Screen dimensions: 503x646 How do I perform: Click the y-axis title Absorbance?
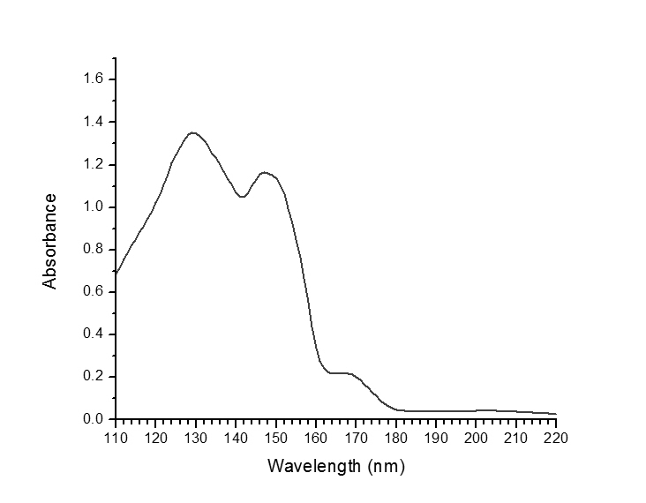(50, 241)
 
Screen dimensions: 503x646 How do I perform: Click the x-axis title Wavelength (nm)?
(335, 465)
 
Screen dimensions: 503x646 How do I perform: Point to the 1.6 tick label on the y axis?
(94, 80)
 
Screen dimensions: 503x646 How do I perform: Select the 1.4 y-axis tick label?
(94, 123)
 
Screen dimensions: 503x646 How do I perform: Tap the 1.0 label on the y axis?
(94, 207)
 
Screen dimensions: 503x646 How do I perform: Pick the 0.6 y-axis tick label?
(94, 292)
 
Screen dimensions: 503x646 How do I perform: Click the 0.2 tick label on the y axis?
(94, 377)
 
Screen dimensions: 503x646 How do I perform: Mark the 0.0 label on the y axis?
(94, 419)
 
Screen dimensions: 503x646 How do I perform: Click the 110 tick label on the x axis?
(116, 436)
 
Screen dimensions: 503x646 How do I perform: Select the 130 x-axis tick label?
(196, 436)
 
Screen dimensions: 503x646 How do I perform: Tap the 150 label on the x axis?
(276, 436)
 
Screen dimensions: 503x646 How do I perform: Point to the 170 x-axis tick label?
(356, 436)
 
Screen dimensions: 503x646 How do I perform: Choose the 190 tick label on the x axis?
(436, 436)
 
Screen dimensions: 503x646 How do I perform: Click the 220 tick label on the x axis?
(556, 436)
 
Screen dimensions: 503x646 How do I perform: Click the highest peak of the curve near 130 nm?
(193, 133)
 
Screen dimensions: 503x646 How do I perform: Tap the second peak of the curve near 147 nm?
(264, 172)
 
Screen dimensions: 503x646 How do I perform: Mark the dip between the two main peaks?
(242, 197)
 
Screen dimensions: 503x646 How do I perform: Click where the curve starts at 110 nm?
(116, 274)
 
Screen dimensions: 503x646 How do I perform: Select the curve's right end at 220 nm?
(556, 414)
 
